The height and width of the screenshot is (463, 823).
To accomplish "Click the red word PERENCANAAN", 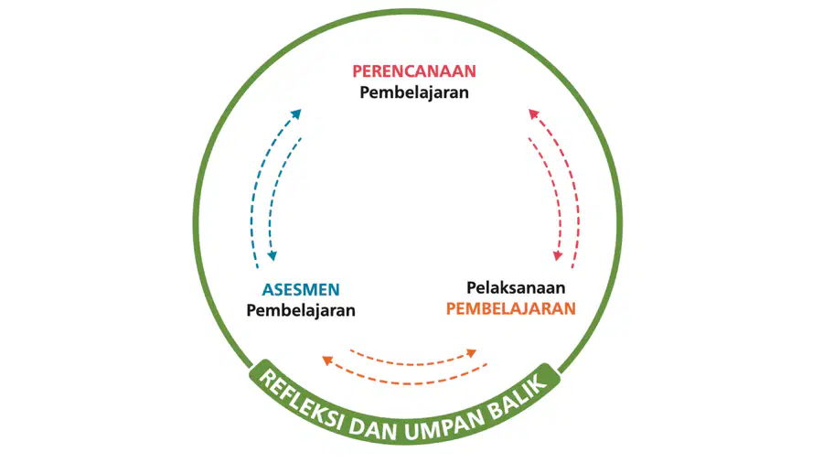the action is (414, 70).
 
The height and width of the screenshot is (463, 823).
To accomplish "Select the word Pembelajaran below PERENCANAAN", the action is (414, 92).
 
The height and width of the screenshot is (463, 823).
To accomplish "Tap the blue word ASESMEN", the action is (301, 289).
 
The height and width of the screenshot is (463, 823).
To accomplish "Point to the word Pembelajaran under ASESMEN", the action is (301, 310).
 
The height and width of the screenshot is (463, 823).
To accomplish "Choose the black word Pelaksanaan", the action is (516, 287).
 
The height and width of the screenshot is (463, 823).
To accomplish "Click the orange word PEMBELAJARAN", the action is (510, 308).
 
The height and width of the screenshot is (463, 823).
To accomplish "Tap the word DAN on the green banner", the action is (373, 429).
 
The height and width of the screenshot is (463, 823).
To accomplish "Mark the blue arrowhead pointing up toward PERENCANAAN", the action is (296, 113).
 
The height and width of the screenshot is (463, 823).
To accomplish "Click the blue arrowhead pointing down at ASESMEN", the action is (272, 255).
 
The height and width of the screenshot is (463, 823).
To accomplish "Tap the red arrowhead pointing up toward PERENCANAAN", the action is (534, 113).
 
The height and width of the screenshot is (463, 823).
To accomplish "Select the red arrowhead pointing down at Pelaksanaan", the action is (558, 255).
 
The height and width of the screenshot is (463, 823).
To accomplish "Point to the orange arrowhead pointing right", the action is (471, 353).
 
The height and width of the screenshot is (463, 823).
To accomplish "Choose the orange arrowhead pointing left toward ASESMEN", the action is (327, 361).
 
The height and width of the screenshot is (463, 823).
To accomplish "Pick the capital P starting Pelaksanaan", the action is (472, 287).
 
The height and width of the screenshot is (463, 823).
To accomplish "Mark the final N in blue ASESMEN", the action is (334, 289).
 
